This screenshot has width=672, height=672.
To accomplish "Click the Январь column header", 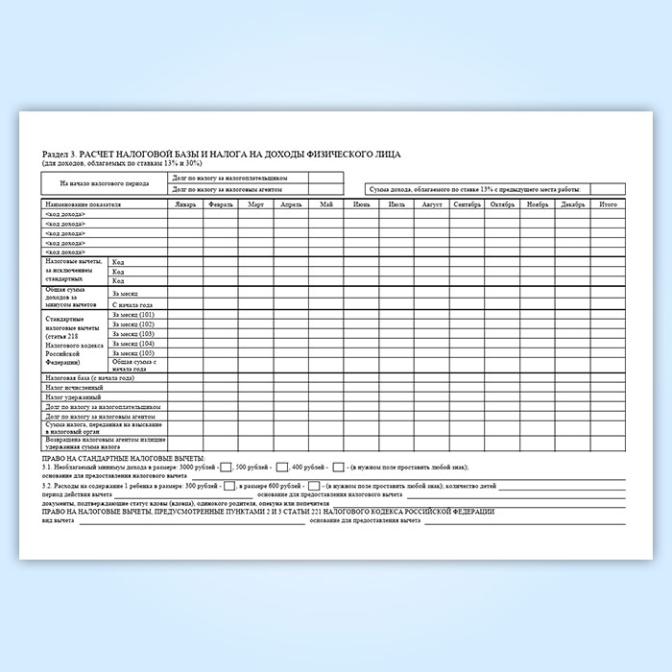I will click(185, 204).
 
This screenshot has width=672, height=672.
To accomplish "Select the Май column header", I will click(327, 204).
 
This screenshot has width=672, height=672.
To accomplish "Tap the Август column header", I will click(432, 204).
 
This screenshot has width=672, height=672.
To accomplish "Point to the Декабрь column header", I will click(573, 204).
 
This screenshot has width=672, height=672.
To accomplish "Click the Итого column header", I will click(609, 204).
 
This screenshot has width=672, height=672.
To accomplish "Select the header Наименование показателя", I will click(83, 204).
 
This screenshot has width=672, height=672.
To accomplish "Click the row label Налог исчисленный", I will click(70, 388).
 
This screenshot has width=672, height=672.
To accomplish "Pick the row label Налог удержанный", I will click(69, 397).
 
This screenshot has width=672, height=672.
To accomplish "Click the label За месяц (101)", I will click(133, 315).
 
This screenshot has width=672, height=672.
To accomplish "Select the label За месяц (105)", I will click(133, 352).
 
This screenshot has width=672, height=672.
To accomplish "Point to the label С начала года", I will click(132, 303).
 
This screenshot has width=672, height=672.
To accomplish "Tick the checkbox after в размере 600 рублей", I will click(314, 487).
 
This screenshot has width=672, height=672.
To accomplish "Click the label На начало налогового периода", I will click(104, 182).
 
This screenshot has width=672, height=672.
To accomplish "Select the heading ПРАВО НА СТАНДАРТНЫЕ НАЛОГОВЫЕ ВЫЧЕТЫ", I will click(124, 459).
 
